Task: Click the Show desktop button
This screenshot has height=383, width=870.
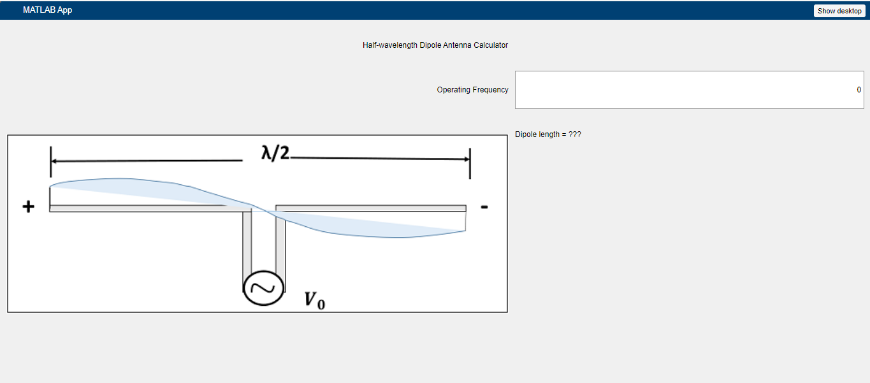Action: pyautogui.click(x=839, y=11)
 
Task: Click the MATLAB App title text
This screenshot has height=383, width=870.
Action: pyautogui.click(x=47, y=10)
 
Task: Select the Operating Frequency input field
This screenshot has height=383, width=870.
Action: pyautogui.click(x=689, y=90)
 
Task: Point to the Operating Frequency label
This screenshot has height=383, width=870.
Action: pyautogui.click(x=472, y=90)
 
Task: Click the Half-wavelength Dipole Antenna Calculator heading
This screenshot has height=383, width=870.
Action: pyautogui.click(x=435, y=45)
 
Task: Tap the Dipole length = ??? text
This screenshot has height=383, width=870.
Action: pyautogui.click(x=548, y=134)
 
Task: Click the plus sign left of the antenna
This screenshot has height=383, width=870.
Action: pyautogui.click(x=28, y=207)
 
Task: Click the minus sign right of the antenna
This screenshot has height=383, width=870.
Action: pyautogui.click(x=484, y=206)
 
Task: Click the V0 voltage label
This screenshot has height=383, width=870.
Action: pyautogui.click(x=314, y=300)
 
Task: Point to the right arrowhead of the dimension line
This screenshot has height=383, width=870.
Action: pyautogui.click(x=466, y=159)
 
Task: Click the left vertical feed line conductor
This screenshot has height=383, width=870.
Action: pyautogui.click(x=247, y=245)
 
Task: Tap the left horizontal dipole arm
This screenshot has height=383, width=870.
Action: pyautogui.click(x=140, y=208)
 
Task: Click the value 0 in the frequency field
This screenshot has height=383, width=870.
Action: pyautogui.click(x=859, y=90)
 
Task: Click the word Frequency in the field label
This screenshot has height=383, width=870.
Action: pyautogui.click(x=491, y=90)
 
